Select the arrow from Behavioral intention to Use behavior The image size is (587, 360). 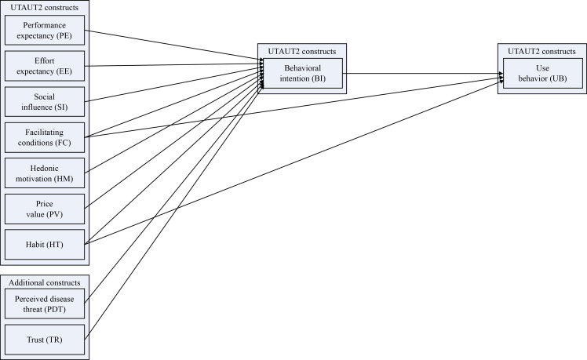[420, 75]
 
